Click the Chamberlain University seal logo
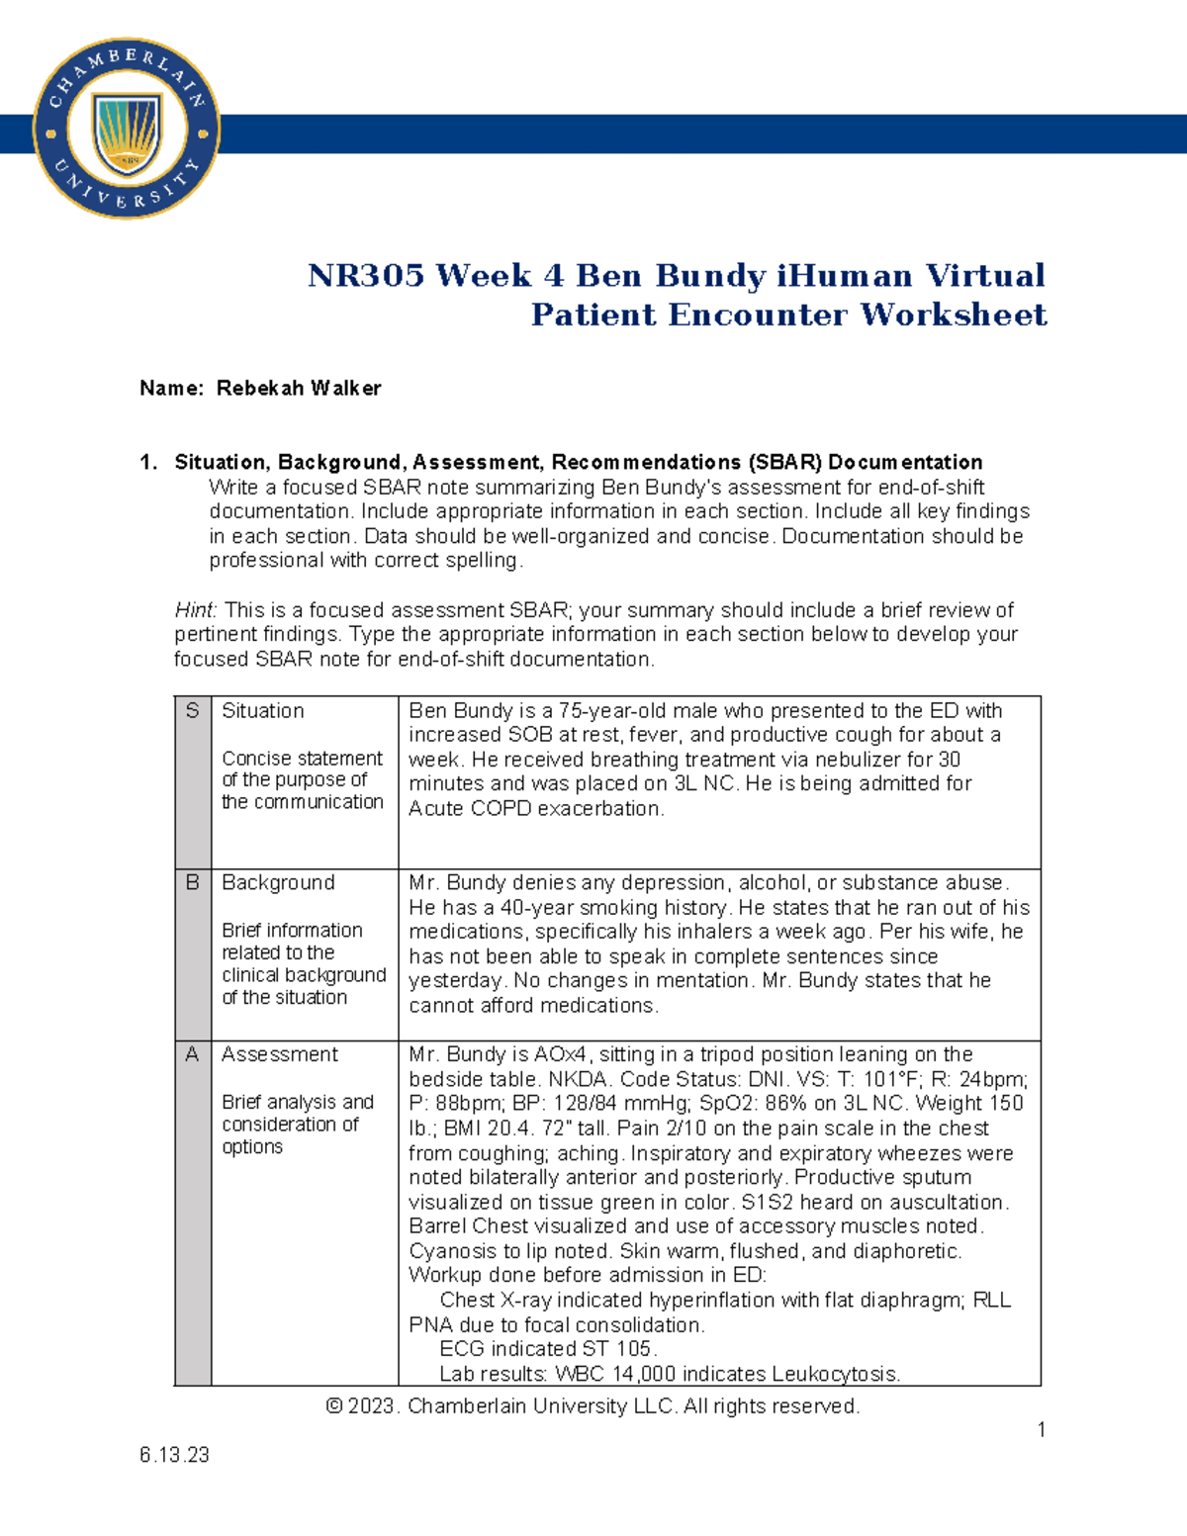tap(126, 130)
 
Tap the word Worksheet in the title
tap(953, 315)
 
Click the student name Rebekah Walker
tap(298, 388)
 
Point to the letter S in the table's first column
tap(192, 710)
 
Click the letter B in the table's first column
tap(192, 882)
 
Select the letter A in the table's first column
tap(192, 1054)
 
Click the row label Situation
tap(262, 710)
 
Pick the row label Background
tap(278, 882)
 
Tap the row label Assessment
tap(279, 1054)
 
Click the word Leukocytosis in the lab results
tap(835, 1374)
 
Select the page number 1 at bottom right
tap(1041, 1429)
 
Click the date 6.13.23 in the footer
tap(174, 1454)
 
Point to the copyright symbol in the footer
tap(333, 1406)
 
